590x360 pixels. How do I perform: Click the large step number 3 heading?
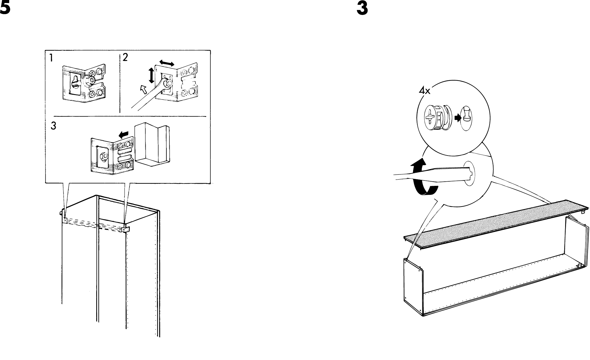pyautogui.click(x=362, y=9)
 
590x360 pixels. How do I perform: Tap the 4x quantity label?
pyautogui.click(x=425, y=90)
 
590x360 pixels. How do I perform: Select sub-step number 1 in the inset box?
pyautogui.click(x=52, y=58)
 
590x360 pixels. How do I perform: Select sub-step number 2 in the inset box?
pyautogui.click(x=125, y=57)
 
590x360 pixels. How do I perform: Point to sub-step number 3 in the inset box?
pyautogui.click(x=53, y=126)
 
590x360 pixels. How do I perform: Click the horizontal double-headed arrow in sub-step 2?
pyautogui.click(x=167, y=63)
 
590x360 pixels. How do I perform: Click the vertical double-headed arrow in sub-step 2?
pyautogui.click(x=151, y=75)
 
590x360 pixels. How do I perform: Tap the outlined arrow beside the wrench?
pyautogui.click(x=143, y=89)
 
